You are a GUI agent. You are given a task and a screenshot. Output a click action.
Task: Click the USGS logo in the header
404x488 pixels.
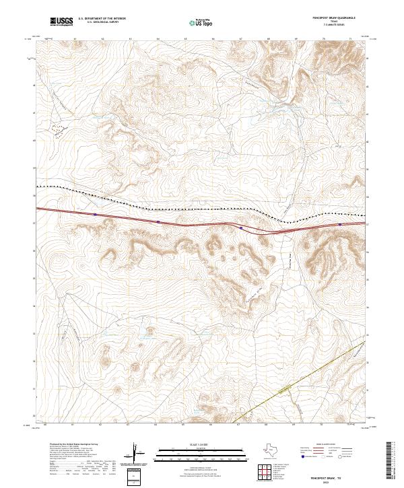point(61,22)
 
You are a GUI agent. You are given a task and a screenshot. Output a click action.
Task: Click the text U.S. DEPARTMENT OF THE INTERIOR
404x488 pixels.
point(102,18)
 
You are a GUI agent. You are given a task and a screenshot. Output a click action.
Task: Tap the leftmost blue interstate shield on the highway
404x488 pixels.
point(96,215)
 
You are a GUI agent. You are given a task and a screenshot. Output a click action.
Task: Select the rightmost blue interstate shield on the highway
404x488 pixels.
point(340,225)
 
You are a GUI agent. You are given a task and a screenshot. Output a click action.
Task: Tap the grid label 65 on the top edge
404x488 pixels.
point(185,40)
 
